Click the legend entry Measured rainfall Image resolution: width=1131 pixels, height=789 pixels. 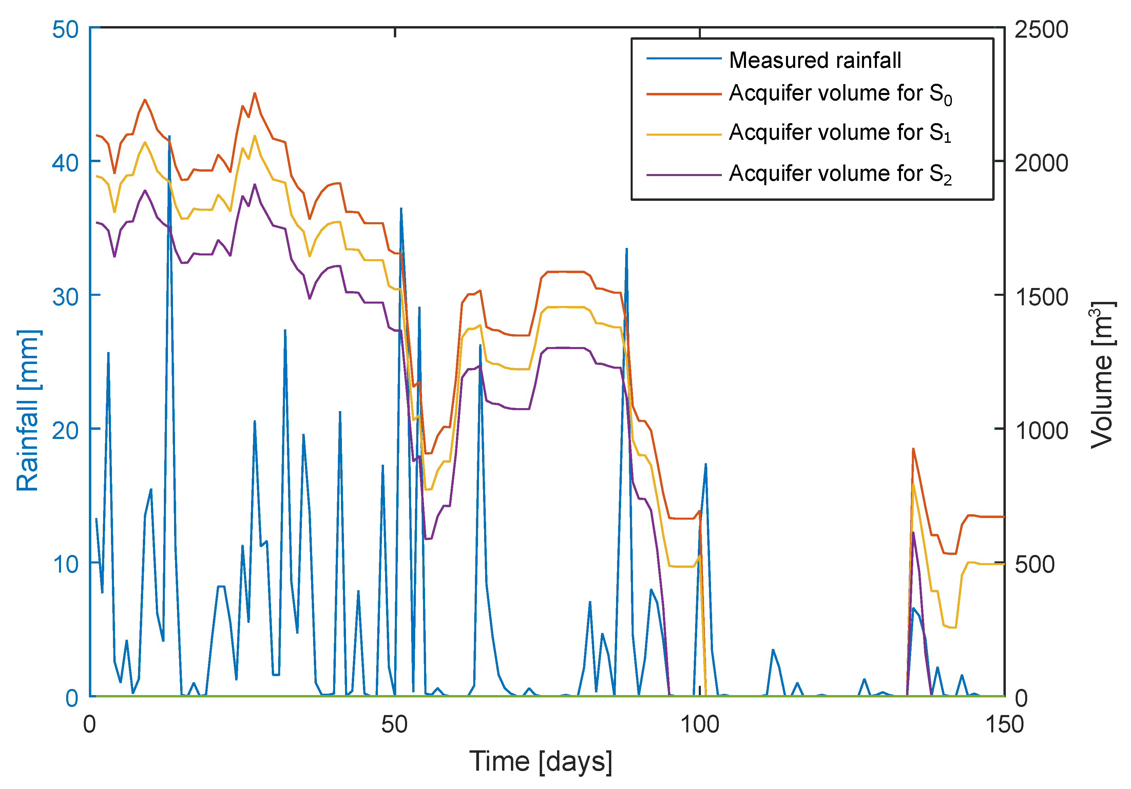pyautogui.click(x=815, y=60)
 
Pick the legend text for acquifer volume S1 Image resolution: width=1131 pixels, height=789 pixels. pyautogui.click(x=840, y=133)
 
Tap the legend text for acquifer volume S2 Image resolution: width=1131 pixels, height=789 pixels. pyautogui.click(x=840, y=174)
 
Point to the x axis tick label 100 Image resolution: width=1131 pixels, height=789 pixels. pyautogui.click(x=699, y=725)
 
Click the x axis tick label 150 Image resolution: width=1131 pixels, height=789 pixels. pyautogui.click(x=1004, y=725)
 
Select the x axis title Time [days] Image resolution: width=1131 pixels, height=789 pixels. pyautogui.click(x=540, y=762)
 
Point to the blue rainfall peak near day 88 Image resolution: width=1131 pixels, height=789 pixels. pyautogui.click(x=626, y=249)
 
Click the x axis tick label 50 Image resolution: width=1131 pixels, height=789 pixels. pyautogui.click(x=394, y=725)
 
